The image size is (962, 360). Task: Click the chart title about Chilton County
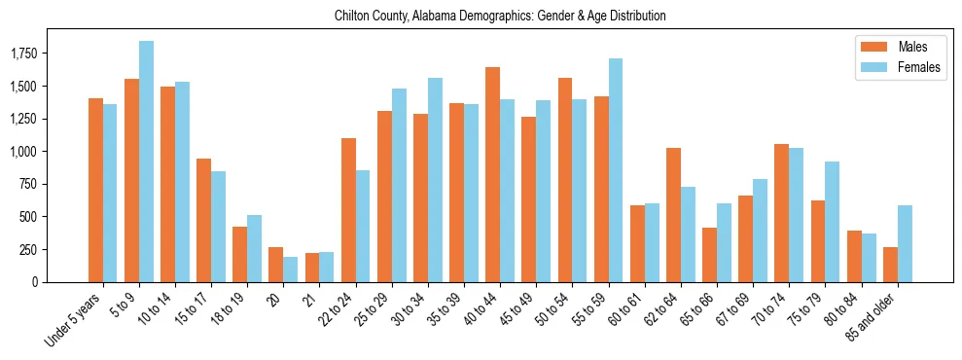pos(499,17)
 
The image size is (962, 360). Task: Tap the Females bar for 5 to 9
pos(147,162)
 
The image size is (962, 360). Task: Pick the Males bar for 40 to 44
pos(492,175)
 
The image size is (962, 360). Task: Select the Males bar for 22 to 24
pos(348,210)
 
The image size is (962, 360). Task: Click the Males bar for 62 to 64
pos(673,215)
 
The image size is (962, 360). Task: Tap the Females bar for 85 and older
pos(905,243)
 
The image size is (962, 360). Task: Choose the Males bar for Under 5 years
pos(95,190)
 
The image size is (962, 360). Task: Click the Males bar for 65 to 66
pos(709,255)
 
